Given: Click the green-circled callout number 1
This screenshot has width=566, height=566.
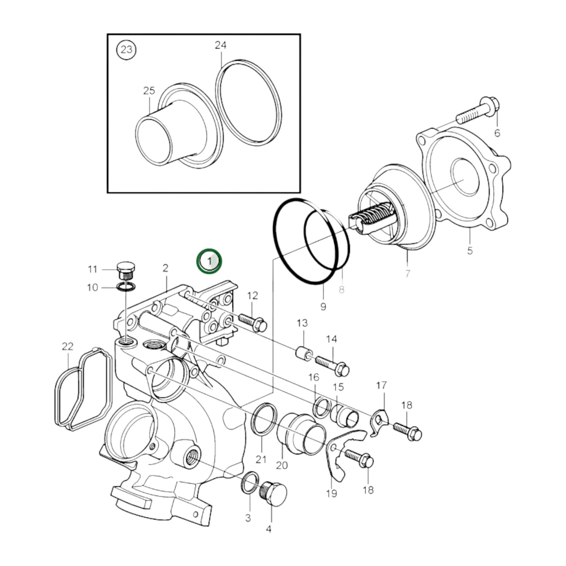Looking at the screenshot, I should click(209, 261).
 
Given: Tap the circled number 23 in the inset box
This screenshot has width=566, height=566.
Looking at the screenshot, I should click(127, 50).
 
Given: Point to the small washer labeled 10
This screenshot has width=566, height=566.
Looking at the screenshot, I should click(126, 288).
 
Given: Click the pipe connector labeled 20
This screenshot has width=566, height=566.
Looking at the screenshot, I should click(301, 434).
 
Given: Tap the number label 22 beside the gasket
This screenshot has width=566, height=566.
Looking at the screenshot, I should click(67, 347).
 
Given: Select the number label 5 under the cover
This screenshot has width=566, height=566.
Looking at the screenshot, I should click(470, 250).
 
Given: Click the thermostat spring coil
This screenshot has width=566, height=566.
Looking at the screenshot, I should click(375, 217).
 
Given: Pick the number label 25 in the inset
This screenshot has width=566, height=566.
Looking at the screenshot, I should click(149, 91).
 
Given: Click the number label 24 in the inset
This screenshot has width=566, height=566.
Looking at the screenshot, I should click(221, 45).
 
